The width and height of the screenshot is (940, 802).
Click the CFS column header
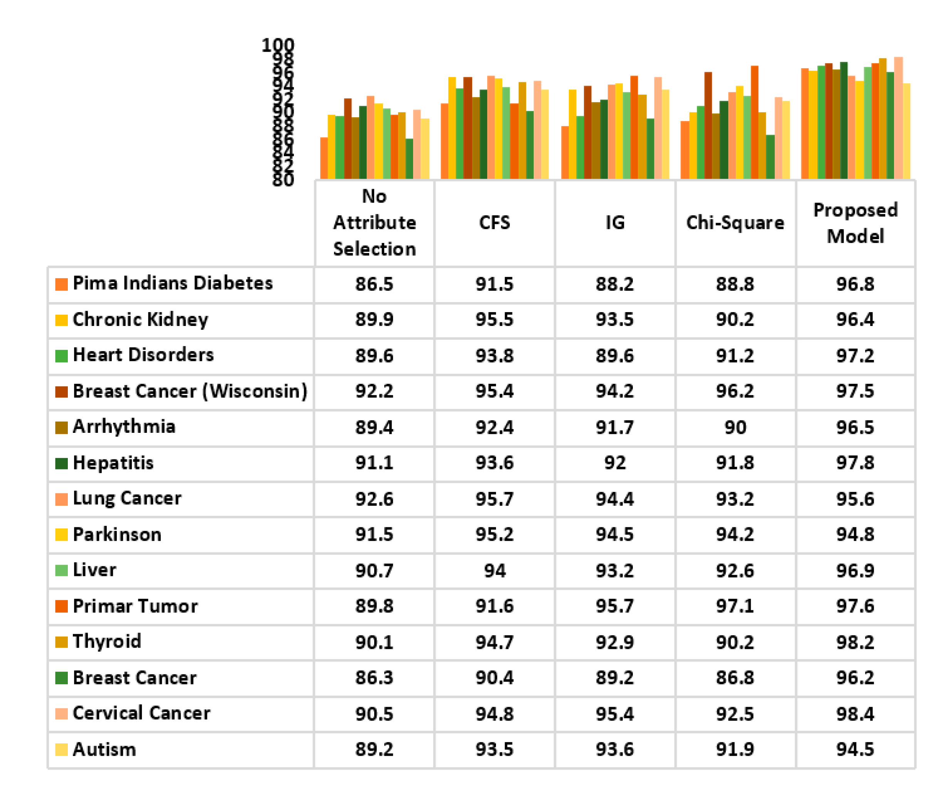pyautogui.click(x=494, y=223)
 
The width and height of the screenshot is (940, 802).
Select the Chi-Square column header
pyautogui.click(x=735, y=223)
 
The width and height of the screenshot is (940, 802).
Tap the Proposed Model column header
pyautogui.click(x=855, y=223)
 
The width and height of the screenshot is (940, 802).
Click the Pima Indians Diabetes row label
pyautogui.click(x=172, y=284)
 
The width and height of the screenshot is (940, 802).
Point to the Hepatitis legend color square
pyautogui.click(x=61, y=463)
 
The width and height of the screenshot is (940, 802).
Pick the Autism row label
pyautogui.click(x=104, y=749)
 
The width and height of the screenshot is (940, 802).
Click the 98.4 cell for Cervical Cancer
pyautogui.click(x=855, y=714)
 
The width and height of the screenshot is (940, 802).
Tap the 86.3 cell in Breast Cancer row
pyautogui.click(x=374, y=677)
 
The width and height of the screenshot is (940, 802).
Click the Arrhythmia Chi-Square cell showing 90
pyautogui.click(x=735, y=427)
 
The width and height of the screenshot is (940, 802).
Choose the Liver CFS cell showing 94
pyautogui.click(x=494, y=571)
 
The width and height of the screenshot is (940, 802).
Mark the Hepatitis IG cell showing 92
pyautogui.click(x=615, y=463)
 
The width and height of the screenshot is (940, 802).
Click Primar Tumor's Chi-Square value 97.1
pyautogui.click(x=735, y=606)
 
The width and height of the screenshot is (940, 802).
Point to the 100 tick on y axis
pyautogui.click(x=277, y=45)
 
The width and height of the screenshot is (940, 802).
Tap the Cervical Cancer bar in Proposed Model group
pyautogui.click(x=898, y=118)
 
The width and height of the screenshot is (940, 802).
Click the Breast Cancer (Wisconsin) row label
pyautogui.click(x=190, y=391)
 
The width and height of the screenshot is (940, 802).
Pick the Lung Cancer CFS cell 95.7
pyautogui.click(x=494, y=499)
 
